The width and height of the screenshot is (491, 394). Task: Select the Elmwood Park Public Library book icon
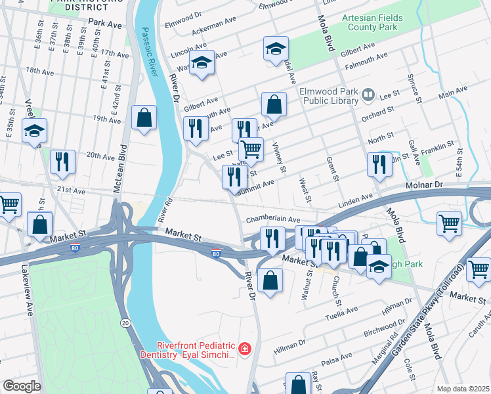(x=368, y=96)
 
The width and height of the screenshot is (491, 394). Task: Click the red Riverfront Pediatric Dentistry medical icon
(x=245, y=348)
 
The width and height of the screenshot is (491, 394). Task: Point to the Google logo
(x=21, y=386)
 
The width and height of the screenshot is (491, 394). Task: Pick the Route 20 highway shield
(x=125, y=322)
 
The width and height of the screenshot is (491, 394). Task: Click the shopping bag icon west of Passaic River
(x=144, y=118)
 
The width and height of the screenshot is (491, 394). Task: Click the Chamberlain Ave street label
(x=272, y=220)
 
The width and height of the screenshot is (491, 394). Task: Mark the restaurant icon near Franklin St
(x=379, y=165)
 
